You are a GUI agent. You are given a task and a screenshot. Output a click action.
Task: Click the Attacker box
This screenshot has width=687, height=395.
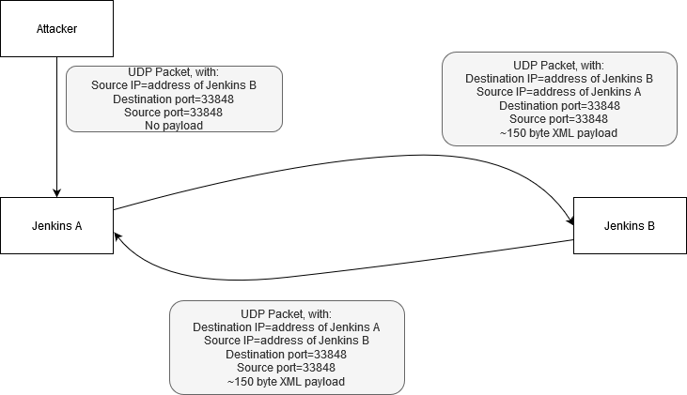(56, 28)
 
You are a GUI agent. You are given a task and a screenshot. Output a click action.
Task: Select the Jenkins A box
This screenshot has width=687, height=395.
(56, 225)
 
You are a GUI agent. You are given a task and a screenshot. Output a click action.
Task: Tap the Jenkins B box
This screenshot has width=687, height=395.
(630, 225)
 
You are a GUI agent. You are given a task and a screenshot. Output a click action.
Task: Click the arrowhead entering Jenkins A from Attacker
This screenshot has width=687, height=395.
(56, 192)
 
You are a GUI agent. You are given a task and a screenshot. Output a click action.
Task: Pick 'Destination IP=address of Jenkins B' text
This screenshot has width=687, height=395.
(558, 79)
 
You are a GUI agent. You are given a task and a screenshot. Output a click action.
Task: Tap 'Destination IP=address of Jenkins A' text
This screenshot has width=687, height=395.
(287, 327)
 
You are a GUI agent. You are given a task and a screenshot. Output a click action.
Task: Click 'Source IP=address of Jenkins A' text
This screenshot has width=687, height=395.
(558, 92)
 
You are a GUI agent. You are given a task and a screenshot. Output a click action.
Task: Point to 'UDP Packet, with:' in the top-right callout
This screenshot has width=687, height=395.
(558, 65)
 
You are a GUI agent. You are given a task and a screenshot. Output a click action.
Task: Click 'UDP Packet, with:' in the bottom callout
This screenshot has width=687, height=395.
(287, 313)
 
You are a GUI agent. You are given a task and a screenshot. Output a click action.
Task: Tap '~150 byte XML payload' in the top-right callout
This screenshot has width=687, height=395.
(558, 132)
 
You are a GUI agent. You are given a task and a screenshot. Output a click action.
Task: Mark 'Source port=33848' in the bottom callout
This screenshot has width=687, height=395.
(287, 368)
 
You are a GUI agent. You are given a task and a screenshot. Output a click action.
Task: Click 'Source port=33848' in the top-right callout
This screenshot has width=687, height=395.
(558, 119)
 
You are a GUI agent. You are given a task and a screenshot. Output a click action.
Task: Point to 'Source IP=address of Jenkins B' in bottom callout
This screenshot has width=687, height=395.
(287, 341)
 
